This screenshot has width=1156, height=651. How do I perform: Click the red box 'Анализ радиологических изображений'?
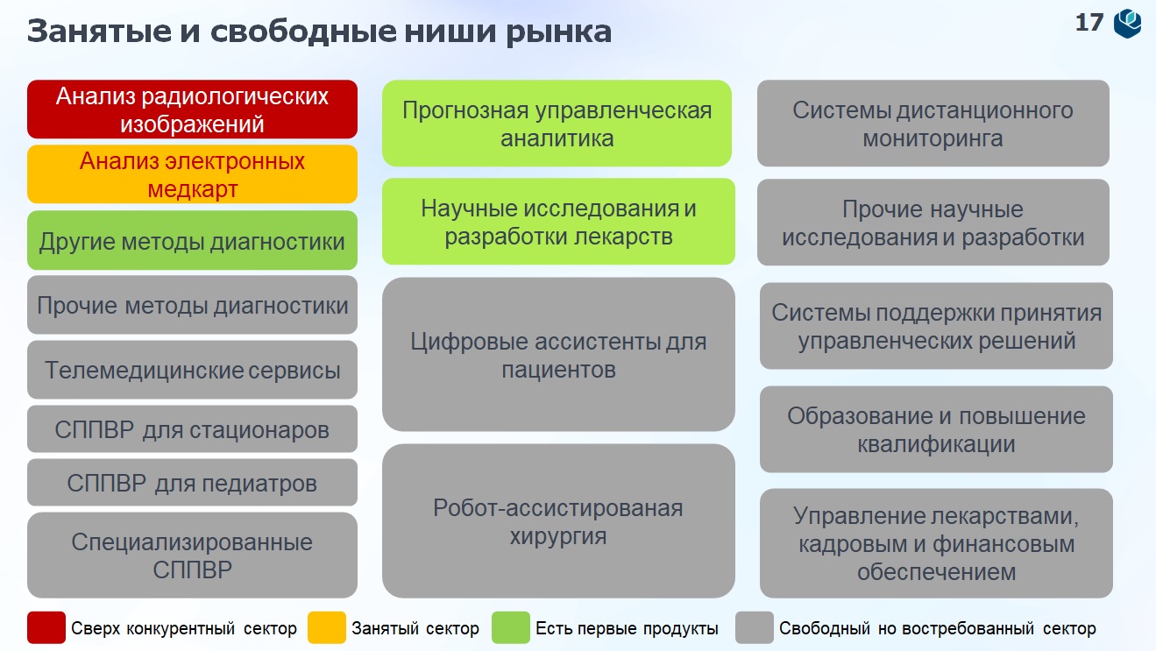[x=192, y=110]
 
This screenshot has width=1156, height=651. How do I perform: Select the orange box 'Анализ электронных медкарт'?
[x=192, y=174]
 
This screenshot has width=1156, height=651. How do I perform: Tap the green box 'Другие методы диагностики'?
[x=192, y=240]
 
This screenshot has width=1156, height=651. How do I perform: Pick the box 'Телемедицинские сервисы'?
[x=192, y=370]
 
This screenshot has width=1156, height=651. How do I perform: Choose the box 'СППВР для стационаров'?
[x=192, y=428]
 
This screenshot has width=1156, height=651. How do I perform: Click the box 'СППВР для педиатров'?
[x=192, y=482]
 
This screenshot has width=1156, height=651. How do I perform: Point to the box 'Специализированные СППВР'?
[x=192, y=555]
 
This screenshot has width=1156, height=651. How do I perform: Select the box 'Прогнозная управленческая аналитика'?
[x=557, y=124]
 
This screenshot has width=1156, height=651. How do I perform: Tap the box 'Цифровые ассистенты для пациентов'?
[x=558, y=354]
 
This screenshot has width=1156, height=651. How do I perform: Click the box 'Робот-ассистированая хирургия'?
[x=558, y=521]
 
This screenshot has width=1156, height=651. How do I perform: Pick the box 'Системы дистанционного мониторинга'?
[x=933, y=124]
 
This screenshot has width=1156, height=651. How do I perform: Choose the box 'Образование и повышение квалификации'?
[x=936, y=429]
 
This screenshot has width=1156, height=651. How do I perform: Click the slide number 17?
[x=1089, y=23]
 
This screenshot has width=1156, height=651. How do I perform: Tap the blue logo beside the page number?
[x=1128, y=23]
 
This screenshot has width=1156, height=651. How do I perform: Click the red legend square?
[x=46, y=628]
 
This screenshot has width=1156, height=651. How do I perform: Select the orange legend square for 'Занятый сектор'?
[x=327, y=628]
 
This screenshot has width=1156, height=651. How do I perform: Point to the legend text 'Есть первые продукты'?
[x=627, y=628]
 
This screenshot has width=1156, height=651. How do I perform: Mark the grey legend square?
[x=755, y=628]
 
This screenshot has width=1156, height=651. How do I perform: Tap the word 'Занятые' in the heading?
[x=99, y=32]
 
